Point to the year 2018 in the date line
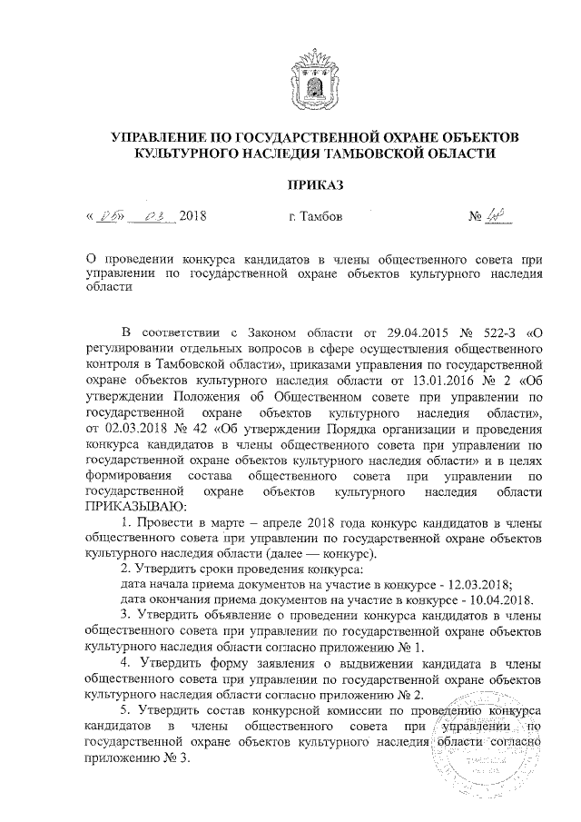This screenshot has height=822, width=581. point(194,218)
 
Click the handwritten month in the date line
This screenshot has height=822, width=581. point(151,217)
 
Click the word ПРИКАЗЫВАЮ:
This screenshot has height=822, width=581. point(133,507)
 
